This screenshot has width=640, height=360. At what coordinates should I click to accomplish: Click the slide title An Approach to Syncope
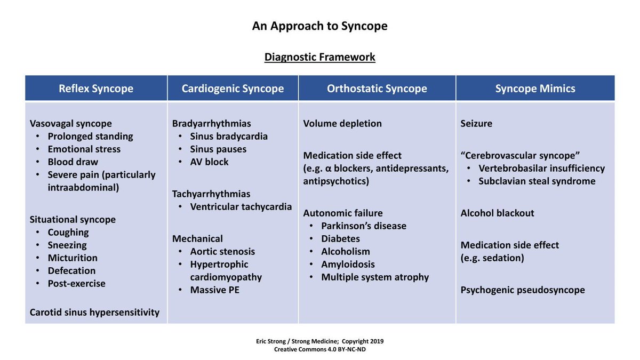pos(320,26)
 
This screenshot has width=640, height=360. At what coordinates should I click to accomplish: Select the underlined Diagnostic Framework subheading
pos(320,57)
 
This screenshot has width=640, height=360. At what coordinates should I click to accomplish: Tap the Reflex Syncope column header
pos(96,89)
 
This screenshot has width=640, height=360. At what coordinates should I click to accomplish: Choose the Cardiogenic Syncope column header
pos(233,89)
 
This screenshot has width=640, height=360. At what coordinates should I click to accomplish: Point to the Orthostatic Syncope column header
pos(377,89)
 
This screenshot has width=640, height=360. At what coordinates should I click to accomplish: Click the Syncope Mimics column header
pos(535,89)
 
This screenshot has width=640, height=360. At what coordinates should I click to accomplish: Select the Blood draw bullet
pos(73,162)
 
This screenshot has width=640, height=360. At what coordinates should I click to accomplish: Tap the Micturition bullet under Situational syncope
pos(73,258)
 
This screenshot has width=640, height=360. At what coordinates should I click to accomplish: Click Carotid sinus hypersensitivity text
pos(95,312)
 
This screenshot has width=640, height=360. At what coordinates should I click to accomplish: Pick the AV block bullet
pos(209,162)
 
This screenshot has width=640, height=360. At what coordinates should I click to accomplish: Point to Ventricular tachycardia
pos(241,206)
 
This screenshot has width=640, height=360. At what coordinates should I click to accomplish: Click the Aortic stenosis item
pos(222,251)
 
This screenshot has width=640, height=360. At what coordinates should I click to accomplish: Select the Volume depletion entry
pos(342,123)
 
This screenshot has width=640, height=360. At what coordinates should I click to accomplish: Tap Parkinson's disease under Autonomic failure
pos(364,226)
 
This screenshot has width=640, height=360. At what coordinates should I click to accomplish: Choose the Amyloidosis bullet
pos(348,264)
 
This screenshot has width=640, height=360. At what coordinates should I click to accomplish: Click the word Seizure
pos(476,123)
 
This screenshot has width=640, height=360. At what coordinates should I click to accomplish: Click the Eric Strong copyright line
pos(320,341)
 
